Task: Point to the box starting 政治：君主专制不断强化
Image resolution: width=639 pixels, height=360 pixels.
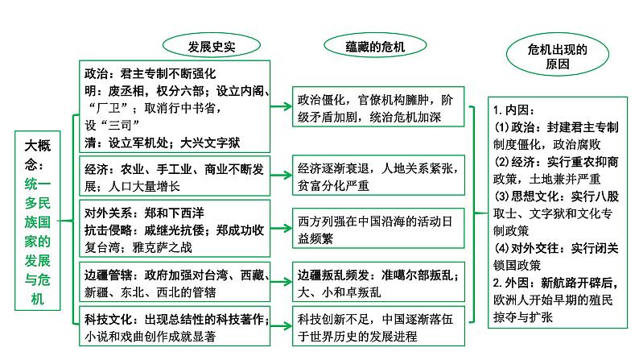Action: [x=178, y=106]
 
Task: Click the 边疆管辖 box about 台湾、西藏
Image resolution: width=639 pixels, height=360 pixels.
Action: [x=178, y=281]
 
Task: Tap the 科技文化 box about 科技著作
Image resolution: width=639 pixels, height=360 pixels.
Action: [x=178, y=325]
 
